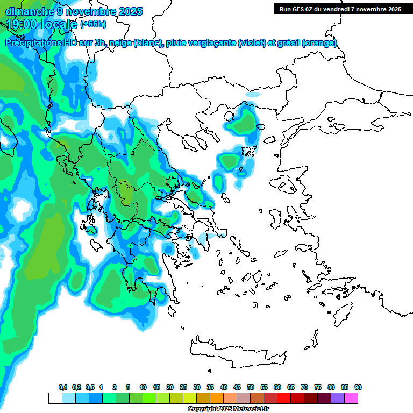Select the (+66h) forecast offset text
93,24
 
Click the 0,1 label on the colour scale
62,387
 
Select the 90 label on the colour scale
358,387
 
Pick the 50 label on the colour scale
251,387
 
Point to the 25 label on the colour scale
183,387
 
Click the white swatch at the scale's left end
55,398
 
